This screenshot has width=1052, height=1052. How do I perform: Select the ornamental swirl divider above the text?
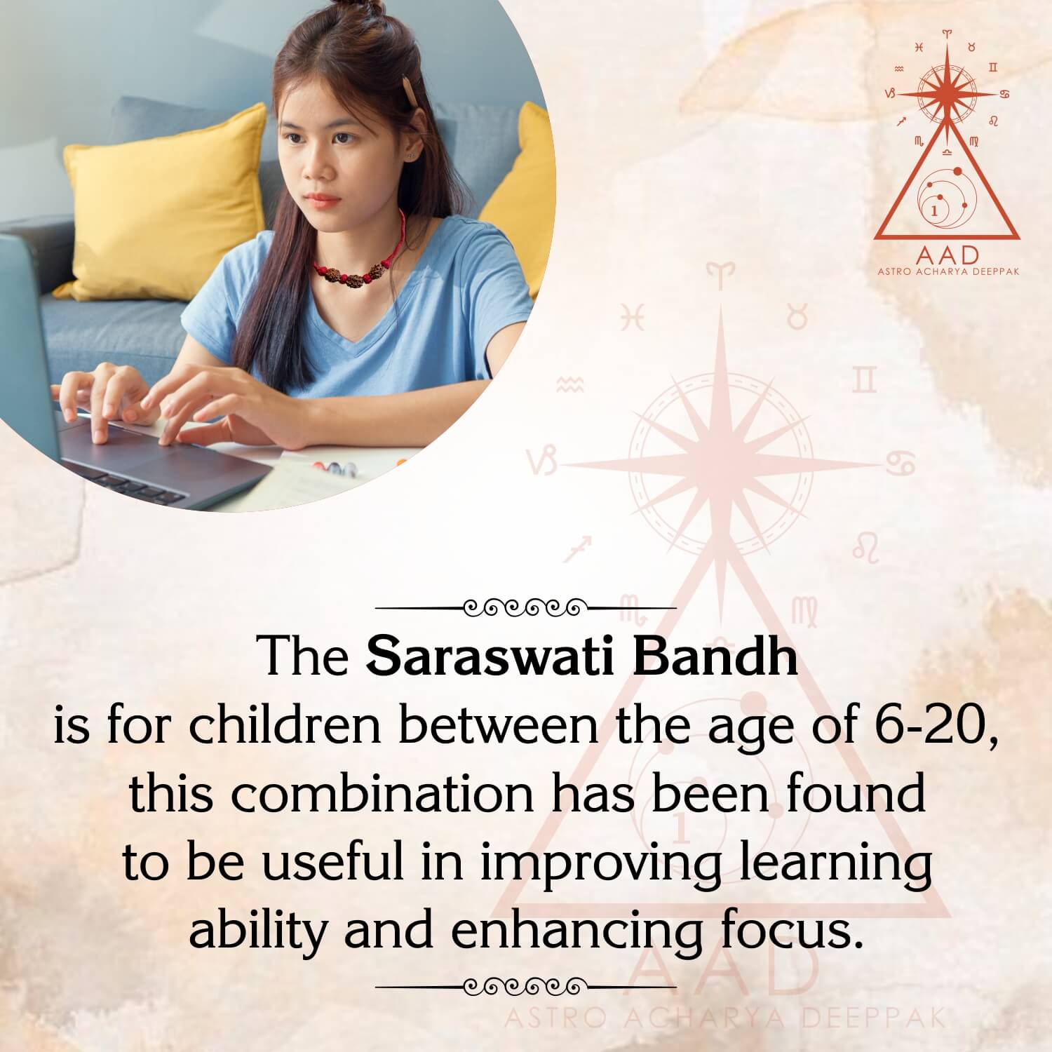[x=526, y=606]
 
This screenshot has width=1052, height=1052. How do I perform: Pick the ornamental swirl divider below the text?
[x=526, y=986]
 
